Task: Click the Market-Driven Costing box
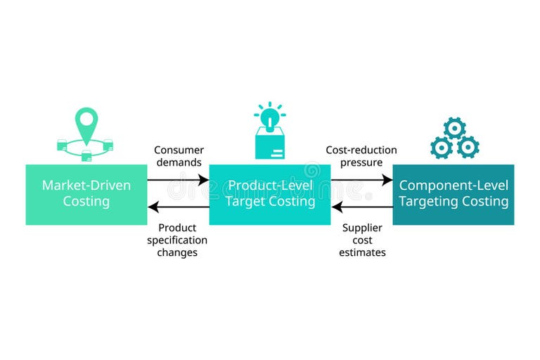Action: coord(86,194)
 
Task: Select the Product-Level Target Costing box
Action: coord(270,194)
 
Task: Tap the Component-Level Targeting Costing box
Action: coord(454,194)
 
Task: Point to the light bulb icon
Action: coord(270,115)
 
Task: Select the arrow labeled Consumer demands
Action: coord(178,180)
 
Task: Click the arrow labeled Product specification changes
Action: coord(178,207)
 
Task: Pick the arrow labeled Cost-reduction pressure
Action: coord(361,180)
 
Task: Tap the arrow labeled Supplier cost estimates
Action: coord(361,207)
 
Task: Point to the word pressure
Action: coord(361,162)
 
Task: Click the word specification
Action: coord(177,240)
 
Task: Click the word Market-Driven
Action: coord(86,186)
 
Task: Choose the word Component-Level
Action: coord(454,186)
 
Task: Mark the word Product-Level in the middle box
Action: coord(270,186)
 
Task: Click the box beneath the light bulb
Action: coord(270,146)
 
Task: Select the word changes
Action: coord(177,252)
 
